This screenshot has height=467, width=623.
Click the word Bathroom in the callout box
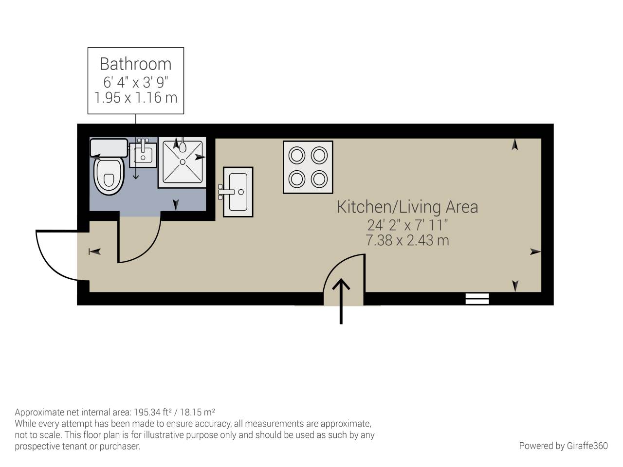point(135,64)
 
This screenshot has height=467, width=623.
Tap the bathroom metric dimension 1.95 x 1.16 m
point(135,98)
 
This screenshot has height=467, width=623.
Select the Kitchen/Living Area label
point(407,207)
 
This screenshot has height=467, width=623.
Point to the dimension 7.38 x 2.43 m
point(407,240)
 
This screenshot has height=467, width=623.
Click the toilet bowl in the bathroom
point(109,176)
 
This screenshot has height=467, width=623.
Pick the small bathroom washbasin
point(143,155)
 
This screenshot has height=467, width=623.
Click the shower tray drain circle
point(183,162)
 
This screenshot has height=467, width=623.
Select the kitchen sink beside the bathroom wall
point(238,192)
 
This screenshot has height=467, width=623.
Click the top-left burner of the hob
point(296,156)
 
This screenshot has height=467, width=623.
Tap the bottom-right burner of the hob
point(319,179)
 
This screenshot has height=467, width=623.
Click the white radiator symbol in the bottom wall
point(477,299)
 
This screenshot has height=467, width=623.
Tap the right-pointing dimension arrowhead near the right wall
point(535,251)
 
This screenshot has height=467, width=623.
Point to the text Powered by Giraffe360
point(563,446)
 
